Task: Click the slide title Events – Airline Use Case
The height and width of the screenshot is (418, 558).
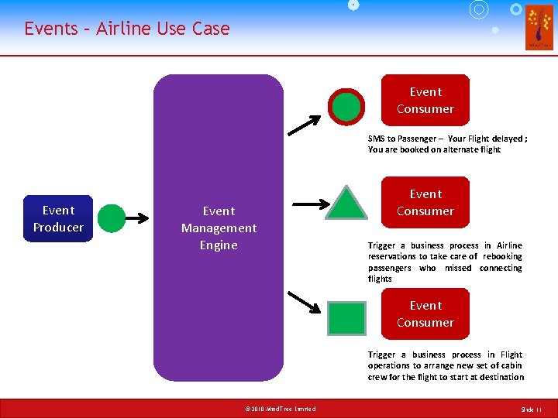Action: coord(127,29)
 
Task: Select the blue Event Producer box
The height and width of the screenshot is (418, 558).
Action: coord(58,218)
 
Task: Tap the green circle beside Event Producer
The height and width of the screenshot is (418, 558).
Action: coord(112,218)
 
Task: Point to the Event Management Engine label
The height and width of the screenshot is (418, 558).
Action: coord(219,228)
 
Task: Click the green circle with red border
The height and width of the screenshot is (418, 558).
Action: coord(346,108)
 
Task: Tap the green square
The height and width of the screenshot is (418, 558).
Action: coord(346,318)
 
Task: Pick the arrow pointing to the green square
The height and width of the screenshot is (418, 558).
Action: coord(303,301)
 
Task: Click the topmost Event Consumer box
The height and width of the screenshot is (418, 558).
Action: coord(425,100)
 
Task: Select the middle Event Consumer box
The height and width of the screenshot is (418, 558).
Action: coord(425,202)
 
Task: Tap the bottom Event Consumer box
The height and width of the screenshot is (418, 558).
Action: coord(425,313)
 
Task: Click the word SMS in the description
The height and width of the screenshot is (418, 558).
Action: coord(376,139)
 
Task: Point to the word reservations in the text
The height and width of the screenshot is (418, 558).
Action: coord(391,256)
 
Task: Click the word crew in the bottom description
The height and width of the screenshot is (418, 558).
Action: coord(378,377)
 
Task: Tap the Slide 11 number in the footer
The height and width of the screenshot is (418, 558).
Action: coord(532,409)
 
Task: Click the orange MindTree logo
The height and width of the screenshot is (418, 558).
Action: coord(539,27)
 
